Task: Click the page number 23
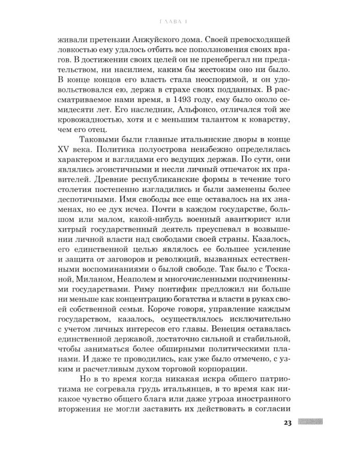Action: (x=287, y=423)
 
